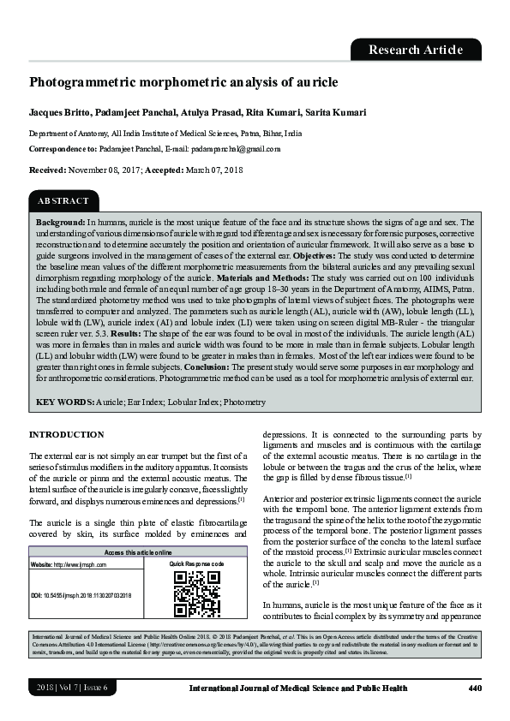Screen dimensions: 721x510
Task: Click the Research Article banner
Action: pos(415,50)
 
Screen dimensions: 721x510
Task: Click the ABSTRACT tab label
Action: pos(63,201)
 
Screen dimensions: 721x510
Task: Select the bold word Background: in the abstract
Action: pos(60,222)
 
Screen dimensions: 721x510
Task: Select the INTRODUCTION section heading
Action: pos(67,435)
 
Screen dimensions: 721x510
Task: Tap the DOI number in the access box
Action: pos(88,594)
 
